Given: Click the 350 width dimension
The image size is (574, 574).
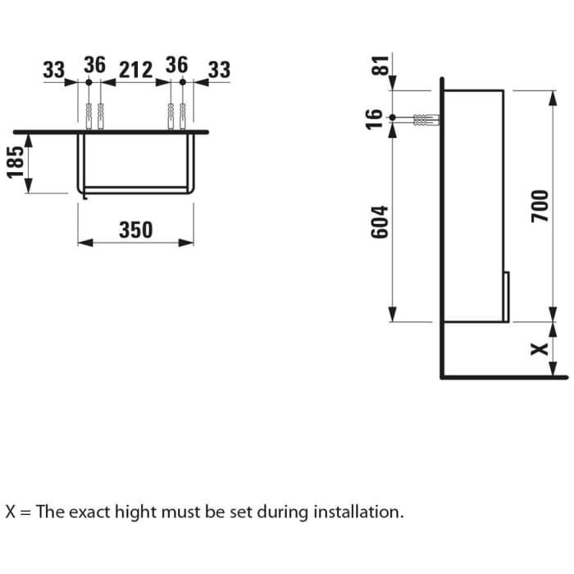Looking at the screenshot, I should pos(135,230).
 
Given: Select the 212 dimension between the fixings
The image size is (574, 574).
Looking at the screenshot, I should pos(136,71).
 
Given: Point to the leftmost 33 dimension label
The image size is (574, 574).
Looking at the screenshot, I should pos(54,71).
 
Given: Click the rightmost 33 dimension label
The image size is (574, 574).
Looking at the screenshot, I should pos(219,71).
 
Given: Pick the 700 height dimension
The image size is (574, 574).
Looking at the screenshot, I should pos(539,205).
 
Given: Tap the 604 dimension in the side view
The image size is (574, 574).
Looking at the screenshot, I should pos(379,221).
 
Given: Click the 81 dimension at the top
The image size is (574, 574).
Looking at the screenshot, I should pos(378,66).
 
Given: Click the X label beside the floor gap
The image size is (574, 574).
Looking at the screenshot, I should pos(539,348).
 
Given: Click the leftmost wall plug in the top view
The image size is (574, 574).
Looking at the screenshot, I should pos(88,116).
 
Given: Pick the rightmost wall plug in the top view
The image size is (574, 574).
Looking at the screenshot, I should pos(182,116).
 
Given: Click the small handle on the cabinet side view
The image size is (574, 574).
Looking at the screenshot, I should pos(507,295).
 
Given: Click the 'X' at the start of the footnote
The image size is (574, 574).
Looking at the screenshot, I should pos(11,512).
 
